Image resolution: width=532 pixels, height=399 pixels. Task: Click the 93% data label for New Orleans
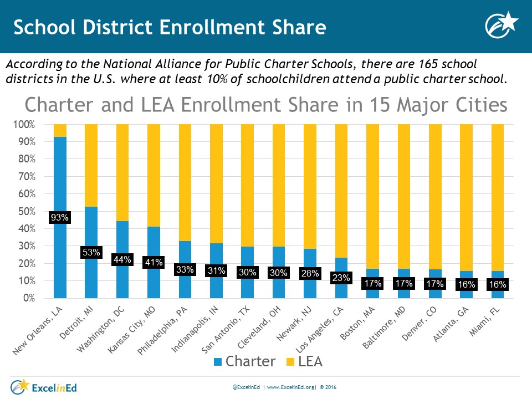(60, 218)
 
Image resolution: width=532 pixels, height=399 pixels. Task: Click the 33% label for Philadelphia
(185, 270)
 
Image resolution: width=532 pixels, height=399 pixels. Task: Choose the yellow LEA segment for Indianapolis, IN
(217, 183)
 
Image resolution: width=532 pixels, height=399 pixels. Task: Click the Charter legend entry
(243, 362)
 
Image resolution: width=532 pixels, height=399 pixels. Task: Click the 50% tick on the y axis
(26, 212)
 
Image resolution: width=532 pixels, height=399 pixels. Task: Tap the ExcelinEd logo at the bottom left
(42, 385)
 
